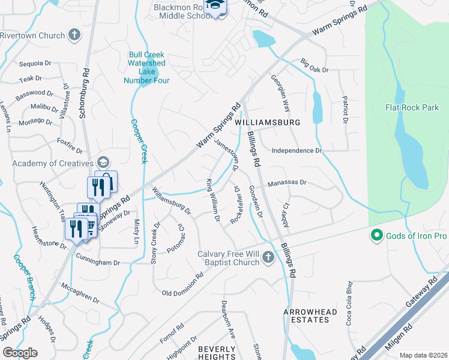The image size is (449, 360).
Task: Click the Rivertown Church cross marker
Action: click(74, 35)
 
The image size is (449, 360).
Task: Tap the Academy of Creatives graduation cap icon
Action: click(103, 163)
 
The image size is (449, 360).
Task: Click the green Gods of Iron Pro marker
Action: click(377, 235)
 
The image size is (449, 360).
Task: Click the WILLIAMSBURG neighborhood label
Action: click(267, 122)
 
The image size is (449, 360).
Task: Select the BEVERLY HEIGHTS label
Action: click(217, 353)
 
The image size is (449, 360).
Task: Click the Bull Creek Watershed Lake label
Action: click(146, 67)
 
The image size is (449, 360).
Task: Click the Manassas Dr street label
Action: click(287, 182)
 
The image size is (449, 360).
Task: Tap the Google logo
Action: click(20, 352)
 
